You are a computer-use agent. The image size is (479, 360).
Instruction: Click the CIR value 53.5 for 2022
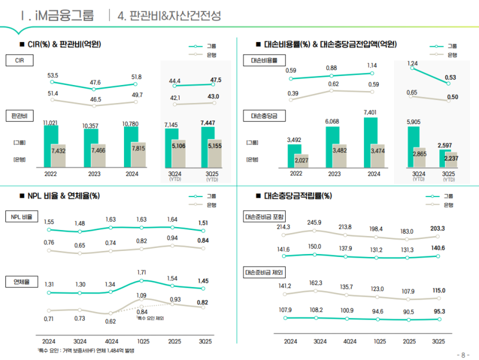click(x=53, y=75)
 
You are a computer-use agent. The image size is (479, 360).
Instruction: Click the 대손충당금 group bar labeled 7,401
click(x=371, y=144)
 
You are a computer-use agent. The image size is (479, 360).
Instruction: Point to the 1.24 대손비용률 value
click(x=413, y=63)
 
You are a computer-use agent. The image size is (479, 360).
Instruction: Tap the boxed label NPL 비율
click(x=21, y=216)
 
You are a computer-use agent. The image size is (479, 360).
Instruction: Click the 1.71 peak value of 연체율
click(x=142, y=273)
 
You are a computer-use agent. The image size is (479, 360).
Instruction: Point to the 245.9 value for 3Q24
click(x=314, y=223)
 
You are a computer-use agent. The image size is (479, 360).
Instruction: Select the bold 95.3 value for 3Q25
click(x=438, y=311)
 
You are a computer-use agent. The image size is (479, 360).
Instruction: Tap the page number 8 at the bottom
click(x=462, y=354)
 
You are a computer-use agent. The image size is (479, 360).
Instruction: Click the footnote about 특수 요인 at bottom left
click(x=86, y=350)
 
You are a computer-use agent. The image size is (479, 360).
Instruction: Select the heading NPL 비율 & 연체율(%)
click(x=63, y=196)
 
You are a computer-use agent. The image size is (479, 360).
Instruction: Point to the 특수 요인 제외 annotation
click(x=151, y=318)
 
